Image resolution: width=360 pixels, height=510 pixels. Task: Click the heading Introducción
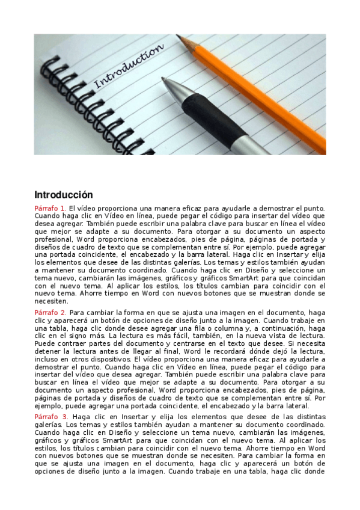(x=64, y=195)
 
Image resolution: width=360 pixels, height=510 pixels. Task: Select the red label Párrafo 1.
(x=50, y=208)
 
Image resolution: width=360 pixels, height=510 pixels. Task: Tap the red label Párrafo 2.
(x=50, y=313)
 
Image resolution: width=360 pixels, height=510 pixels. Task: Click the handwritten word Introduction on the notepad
(x=129, y=66)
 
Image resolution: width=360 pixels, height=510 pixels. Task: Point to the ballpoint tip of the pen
(x=164, y=79)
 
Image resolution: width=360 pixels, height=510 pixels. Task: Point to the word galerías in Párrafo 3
(x=50, y=424)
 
